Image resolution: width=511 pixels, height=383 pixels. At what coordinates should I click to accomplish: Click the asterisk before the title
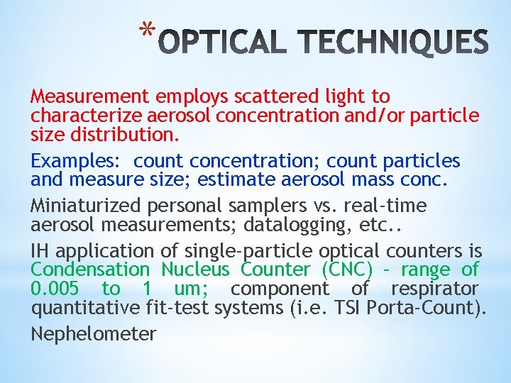coord(147,30)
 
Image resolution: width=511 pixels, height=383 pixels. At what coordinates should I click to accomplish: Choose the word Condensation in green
coord(90,270)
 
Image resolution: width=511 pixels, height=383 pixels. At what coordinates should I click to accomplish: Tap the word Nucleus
coord(195,270)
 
